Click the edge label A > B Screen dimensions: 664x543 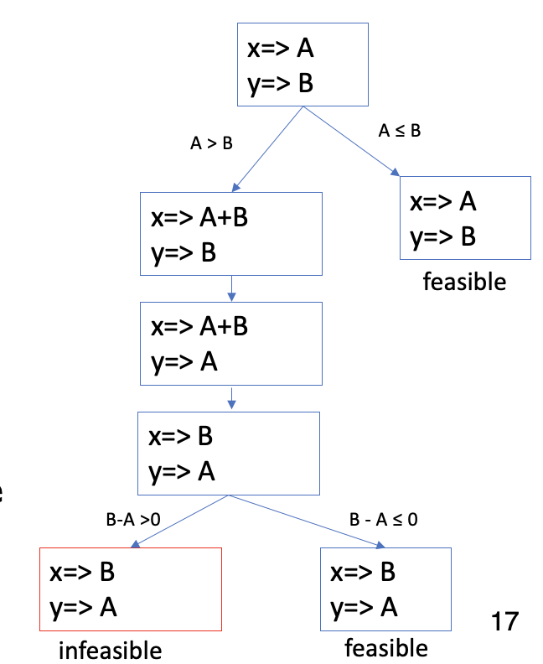[x=211, y=143]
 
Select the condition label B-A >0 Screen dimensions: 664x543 [x=133, y=520]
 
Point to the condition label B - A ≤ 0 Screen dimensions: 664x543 [x=384, y=519]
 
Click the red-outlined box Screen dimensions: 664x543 [x=130, y=589]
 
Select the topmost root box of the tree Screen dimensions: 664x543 [x=303, y=65]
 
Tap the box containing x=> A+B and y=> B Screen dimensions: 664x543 [x=230, y=233]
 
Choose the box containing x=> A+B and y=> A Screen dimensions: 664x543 [x=230, y=343]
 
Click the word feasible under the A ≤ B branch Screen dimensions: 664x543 [x=464, y=281]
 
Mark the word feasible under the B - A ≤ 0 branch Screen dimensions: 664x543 [x=385, y=647]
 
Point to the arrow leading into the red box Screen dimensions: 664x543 [x=178, y=521]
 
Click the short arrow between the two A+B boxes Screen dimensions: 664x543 [x=231, y=288]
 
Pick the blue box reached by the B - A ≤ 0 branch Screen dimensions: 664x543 [x=385, y=589]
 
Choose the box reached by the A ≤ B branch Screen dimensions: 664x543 [x=465, y=218]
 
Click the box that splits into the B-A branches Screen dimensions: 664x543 [x=229, y=454]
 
